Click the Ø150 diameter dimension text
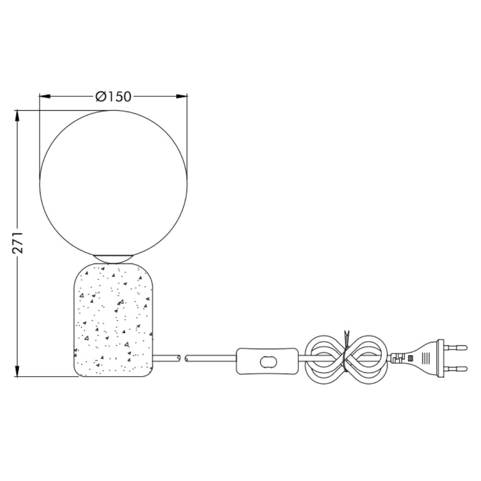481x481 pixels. pos(113,97)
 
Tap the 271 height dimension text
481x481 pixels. pos(17,242)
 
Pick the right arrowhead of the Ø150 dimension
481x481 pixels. pos(182,96)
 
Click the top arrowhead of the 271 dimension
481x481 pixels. pos(17,115)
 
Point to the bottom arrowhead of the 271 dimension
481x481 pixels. pos(17,371)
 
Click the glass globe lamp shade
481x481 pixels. pos(113,183)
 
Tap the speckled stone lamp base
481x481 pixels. pos(113,320)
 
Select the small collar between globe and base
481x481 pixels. pos(113,259)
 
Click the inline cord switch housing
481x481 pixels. pos(267,361)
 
